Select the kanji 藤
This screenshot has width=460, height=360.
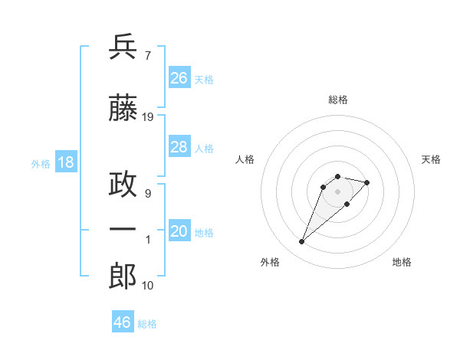123,109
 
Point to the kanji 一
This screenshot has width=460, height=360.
123,231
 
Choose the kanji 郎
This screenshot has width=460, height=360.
123,277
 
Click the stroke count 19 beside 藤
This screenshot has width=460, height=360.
148,117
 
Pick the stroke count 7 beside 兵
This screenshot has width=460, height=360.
147,55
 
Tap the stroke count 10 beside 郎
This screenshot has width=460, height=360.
148,286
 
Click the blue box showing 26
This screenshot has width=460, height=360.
179,78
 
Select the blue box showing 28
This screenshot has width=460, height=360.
179,148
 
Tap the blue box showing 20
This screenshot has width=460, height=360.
179,232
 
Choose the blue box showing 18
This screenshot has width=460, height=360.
65,162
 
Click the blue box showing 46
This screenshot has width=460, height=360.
123,322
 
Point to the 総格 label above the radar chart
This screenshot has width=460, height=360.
338,100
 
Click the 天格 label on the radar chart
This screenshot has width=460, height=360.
431,159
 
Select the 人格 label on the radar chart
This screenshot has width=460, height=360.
245,159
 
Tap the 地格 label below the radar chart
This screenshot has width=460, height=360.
402,262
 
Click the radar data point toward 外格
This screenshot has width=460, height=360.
302,242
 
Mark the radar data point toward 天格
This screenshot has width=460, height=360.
367,182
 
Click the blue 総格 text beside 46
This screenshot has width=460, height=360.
147,324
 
